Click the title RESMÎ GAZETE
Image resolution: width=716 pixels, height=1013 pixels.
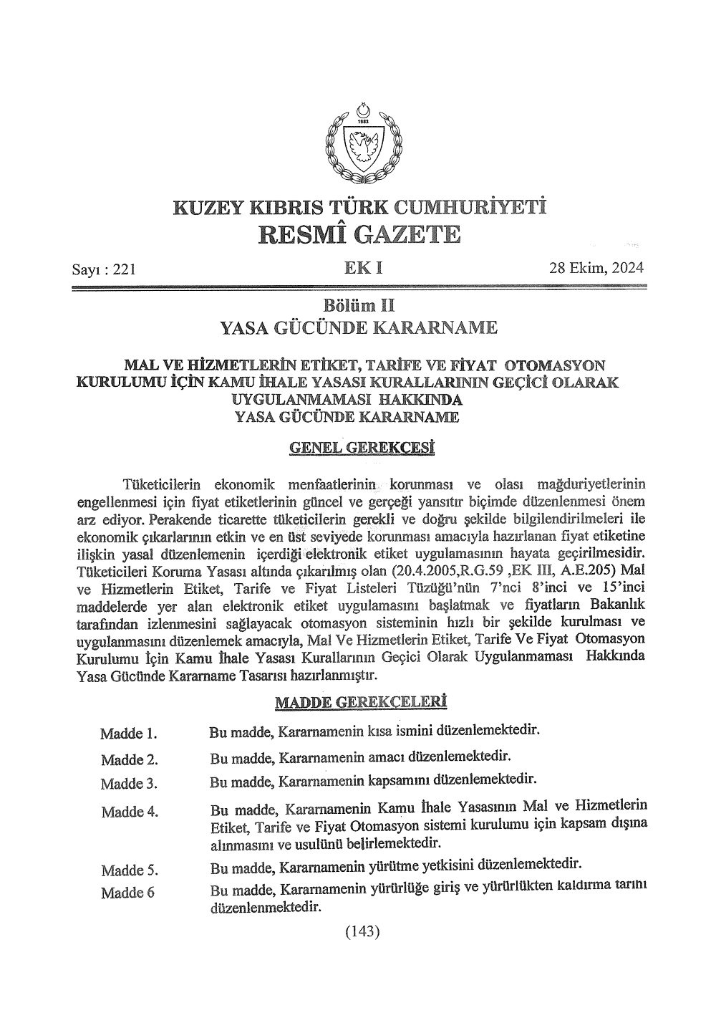click(x=359, y=234)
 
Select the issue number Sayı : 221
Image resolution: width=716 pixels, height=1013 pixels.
click(x=103, y=269)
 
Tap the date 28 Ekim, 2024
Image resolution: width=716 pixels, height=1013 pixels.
click(x=596, y=268)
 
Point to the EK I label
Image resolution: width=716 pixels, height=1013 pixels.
click(x=363, y=268)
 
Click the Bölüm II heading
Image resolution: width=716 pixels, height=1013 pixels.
click(x=359, y=306)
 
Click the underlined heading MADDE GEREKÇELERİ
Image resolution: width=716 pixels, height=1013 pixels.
click(x=361, y=702)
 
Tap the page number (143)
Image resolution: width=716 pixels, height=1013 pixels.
click(x=362, y=931)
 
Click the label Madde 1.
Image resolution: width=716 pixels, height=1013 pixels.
click(x=129, y=734)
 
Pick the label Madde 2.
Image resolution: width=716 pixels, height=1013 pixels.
click(x=130, y=759)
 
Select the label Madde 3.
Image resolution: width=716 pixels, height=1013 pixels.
click(x=130, y=783)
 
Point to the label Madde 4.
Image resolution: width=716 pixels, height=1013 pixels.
click(x=130, y=812)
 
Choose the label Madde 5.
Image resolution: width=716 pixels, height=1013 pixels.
click(x=130, y=870)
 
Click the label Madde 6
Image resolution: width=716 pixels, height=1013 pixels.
click(x=127, y=893)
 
